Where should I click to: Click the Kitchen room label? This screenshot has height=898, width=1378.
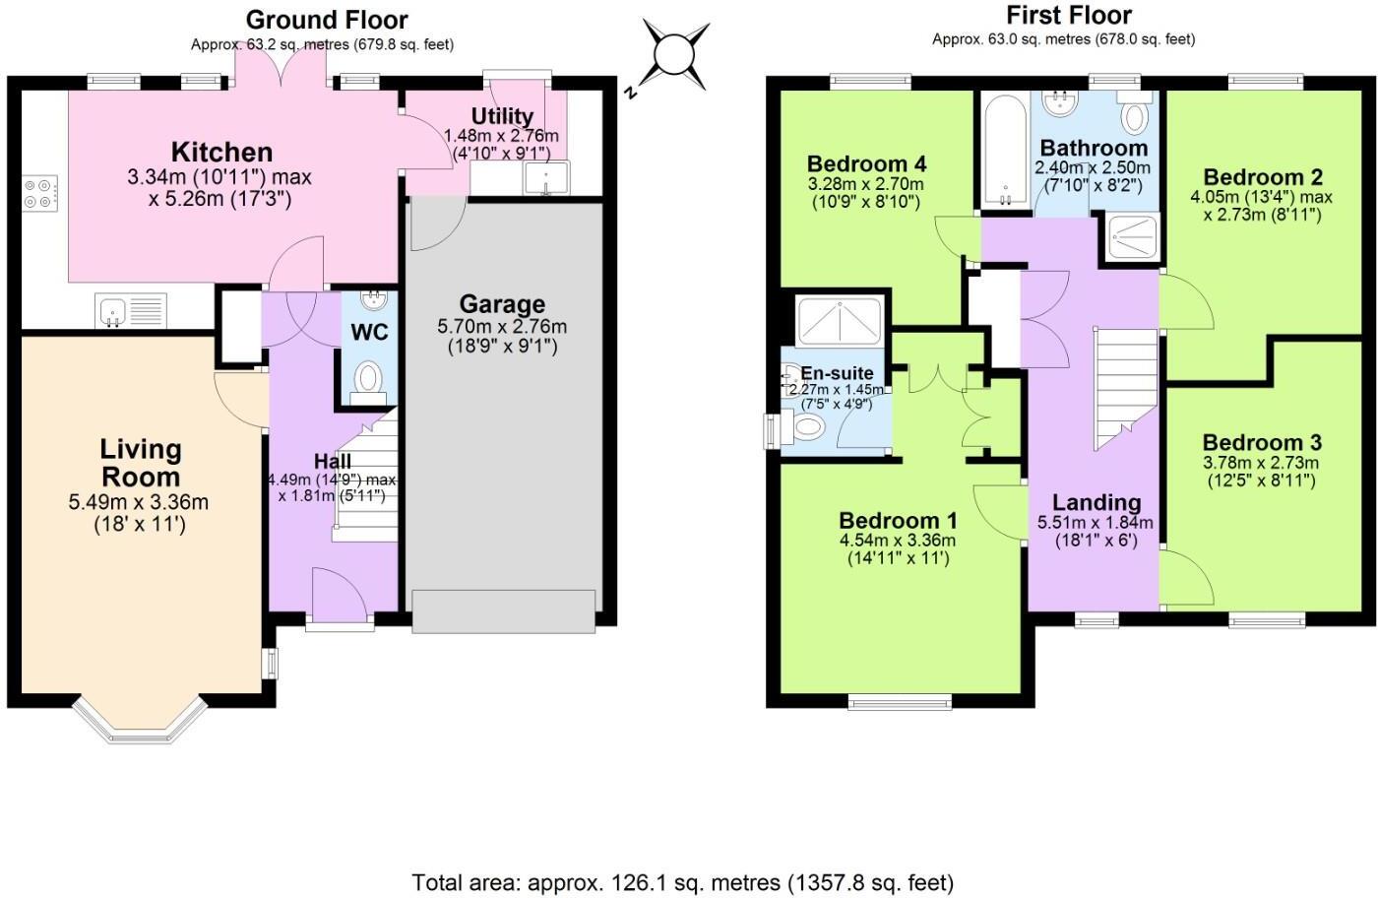(221, 152)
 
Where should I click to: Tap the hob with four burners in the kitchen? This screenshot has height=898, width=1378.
(41, 192)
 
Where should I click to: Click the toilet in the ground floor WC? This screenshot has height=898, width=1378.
(369, 377)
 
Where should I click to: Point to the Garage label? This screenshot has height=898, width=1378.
(501, 304)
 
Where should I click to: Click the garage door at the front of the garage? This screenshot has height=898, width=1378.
(504, 610)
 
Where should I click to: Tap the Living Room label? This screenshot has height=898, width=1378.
(141, 463)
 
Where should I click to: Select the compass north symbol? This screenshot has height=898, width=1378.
(675, 54)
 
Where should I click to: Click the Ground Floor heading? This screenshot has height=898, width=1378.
(326, 20)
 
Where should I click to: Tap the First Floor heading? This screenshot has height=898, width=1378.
(1068, 16)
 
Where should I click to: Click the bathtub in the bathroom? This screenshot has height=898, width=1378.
(1003, 150)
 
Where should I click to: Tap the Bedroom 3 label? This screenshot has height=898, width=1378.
(1261, 442)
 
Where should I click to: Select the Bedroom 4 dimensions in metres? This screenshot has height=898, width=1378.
(865, 184)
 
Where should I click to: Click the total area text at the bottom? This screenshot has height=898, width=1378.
(682, 882)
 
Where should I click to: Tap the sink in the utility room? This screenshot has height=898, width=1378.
(544, 178)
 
